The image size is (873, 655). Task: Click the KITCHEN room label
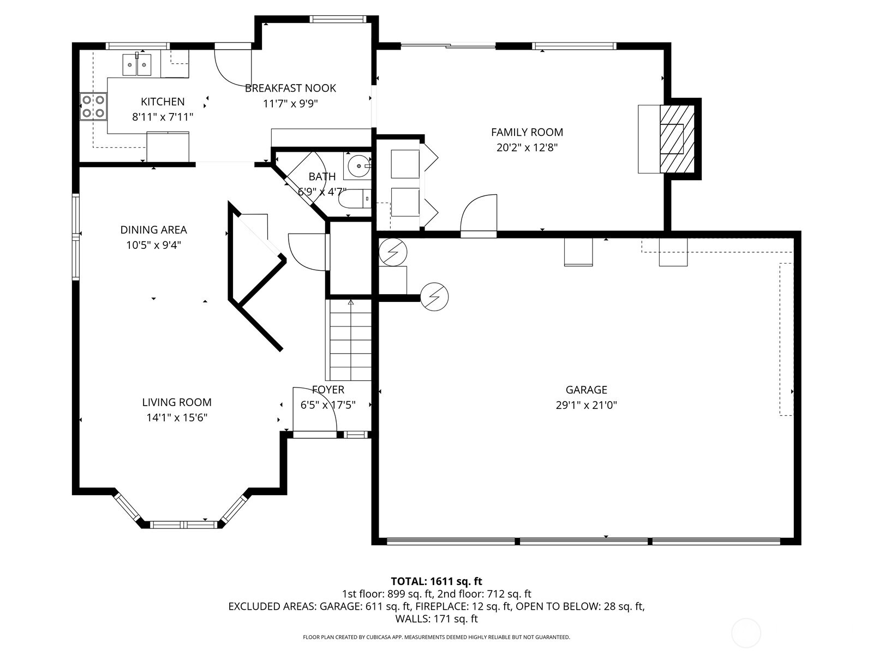pos(163,102)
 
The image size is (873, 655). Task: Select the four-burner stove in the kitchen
pos(93,106)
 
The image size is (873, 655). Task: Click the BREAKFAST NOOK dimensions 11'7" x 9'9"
pos(290,104)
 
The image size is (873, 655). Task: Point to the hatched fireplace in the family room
pos(677,139)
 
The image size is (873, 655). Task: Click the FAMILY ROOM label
pos(527,132)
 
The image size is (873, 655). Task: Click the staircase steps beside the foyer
pos(349,341)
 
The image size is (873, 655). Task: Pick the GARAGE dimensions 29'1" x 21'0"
pos(586,405)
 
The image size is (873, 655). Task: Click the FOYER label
pos(328,390)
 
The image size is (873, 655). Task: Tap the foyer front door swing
pos(314,409)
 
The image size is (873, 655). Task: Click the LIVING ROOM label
pos(177,402)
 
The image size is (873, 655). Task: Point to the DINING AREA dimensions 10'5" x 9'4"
pos(153,245)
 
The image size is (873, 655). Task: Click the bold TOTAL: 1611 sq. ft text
pos(436,581)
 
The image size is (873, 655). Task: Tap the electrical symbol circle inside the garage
pos(435,296)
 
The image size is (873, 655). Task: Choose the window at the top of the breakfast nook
pos(337,19)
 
